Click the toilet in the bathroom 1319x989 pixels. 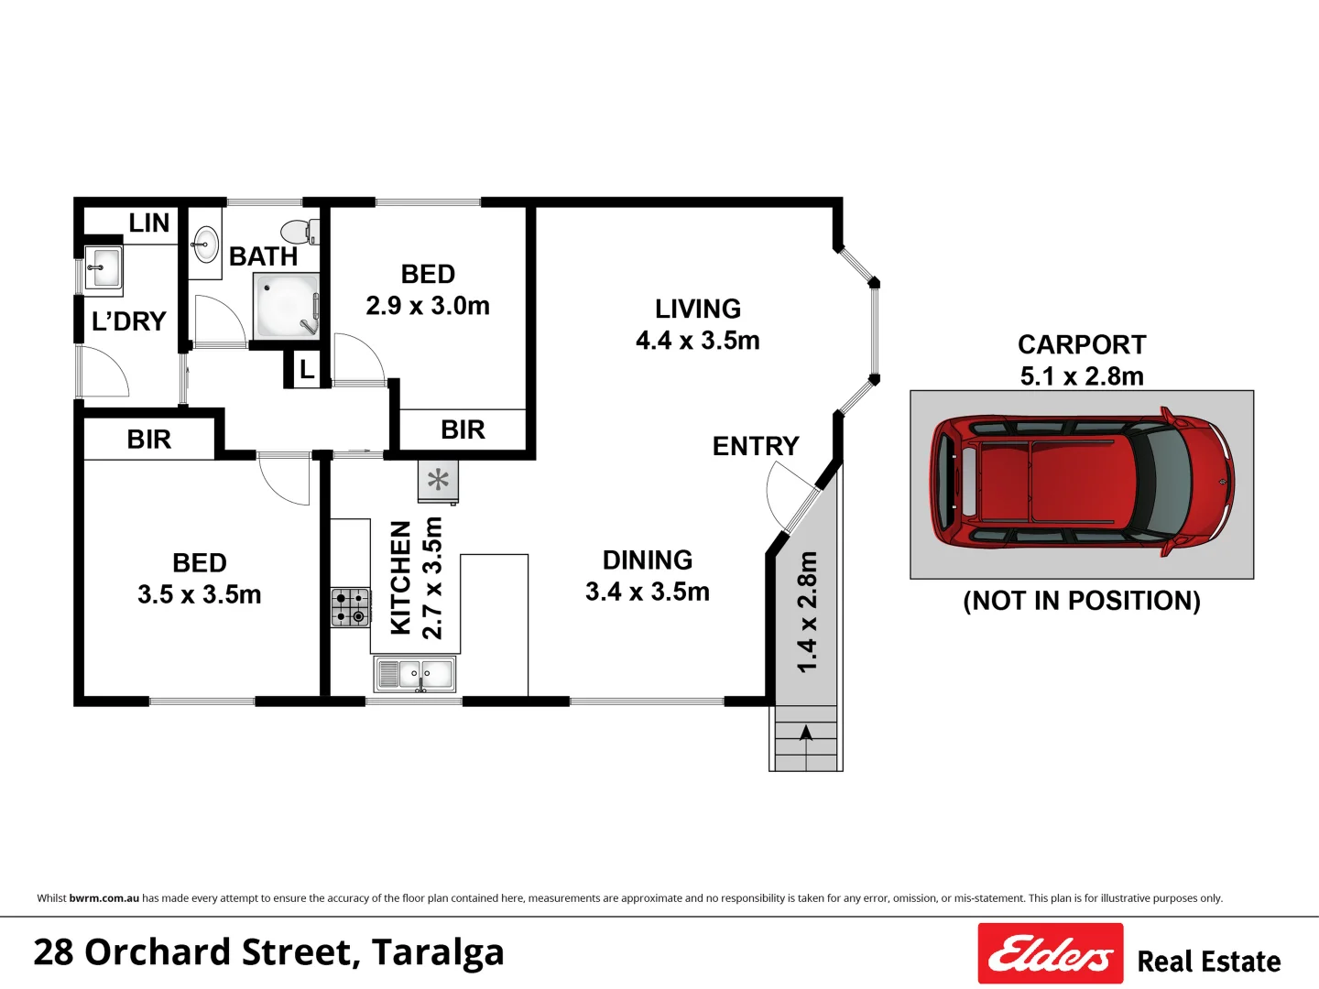click(300, 232)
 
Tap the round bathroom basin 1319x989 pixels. click(205, 244)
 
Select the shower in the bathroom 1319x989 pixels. click(286, 306)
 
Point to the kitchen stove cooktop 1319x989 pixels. click(350, 608)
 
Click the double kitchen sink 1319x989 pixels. click(415, 674)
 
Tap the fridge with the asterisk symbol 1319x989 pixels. click(438, 481)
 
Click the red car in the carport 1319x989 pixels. click(1082, 483)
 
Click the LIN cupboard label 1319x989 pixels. click(149, 223)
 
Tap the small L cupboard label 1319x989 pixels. click(307, 370)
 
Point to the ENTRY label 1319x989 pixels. click(756, 446)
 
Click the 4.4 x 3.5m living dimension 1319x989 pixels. click(698, 341)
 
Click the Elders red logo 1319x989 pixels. click(1051, 953)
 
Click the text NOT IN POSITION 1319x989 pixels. click(1082, 601)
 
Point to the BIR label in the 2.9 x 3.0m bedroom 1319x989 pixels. click(463, 430)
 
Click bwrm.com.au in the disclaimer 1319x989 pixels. click(104, 898)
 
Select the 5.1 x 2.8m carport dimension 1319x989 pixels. click(1082, 376)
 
